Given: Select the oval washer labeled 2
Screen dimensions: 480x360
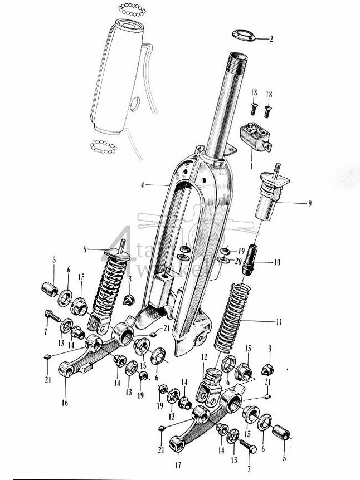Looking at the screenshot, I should click(x=243, y=35).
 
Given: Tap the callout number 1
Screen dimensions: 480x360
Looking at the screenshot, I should click(x=252, y=165).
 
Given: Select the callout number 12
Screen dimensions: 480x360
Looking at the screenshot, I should click(x=205, y=357).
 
